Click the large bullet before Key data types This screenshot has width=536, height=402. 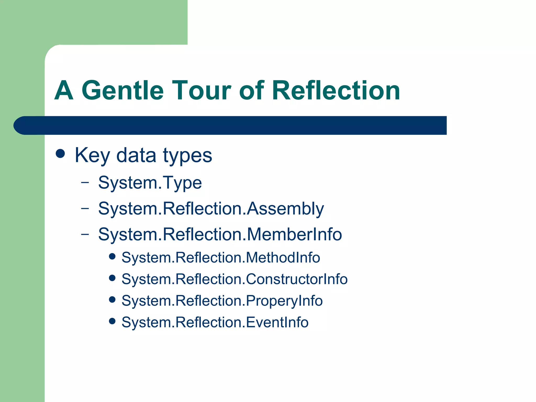(60, 154)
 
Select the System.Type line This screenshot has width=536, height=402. (150, 183)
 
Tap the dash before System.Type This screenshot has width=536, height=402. (85, 182)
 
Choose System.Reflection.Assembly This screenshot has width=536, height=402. (211, 209)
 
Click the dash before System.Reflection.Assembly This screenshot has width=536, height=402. (85, 208)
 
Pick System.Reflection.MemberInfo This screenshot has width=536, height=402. (220, 234)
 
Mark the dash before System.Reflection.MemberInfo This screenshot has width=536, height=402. (85, 234)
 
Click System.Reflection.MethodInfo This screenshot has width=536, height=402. (221, 258)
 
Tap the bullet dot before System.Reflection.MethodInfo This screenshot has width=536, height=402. (112, 256)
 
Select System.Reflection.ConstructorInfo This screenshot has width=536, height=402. (234, 279)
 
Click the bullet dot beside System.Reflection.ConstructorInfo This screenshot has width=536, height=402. (112, 278)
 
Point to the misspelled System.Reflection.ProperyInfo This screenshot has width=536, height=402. (222, 301)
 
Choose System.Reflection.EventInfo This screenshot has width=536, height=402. (215, 322)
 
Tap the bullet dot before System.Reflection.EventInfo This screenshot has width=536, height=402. (112, 321)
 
